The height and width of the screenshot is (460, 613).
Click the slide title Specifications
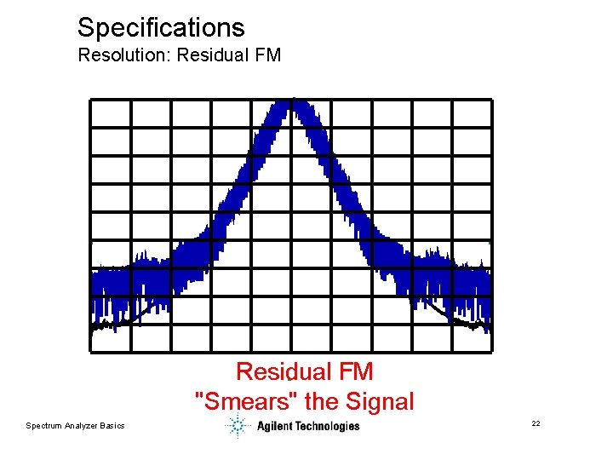click(x=161, y=27)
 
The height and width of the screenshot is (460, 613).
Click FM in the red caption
click(x=352, y=371)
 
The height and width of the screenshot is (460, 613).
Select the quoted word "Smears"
click(x=238, y=400)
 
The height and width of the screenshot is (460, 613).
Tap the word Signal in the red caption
click(x=380, y=400)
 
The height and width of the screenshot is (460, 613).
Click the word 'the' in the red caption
click(x=318, y=400)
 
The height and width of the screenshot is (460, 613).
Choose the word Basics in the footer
click(x=112, y=425)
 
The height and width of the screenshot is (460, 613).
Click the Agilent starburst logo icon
click(x=238, y=425)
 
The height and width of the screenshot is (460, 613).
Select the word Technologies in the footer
click(x=329, y=426)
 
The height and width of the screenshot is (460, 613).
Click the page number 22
click(x=536, y=423)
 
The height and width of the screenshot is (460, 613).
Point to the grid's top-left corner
click(x=90, y=101)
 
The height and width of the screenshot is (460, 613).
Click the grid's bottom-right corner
click(x=491, y=350)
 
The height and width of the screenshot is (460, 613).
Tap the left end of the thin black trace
click(x=94, y=325)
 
